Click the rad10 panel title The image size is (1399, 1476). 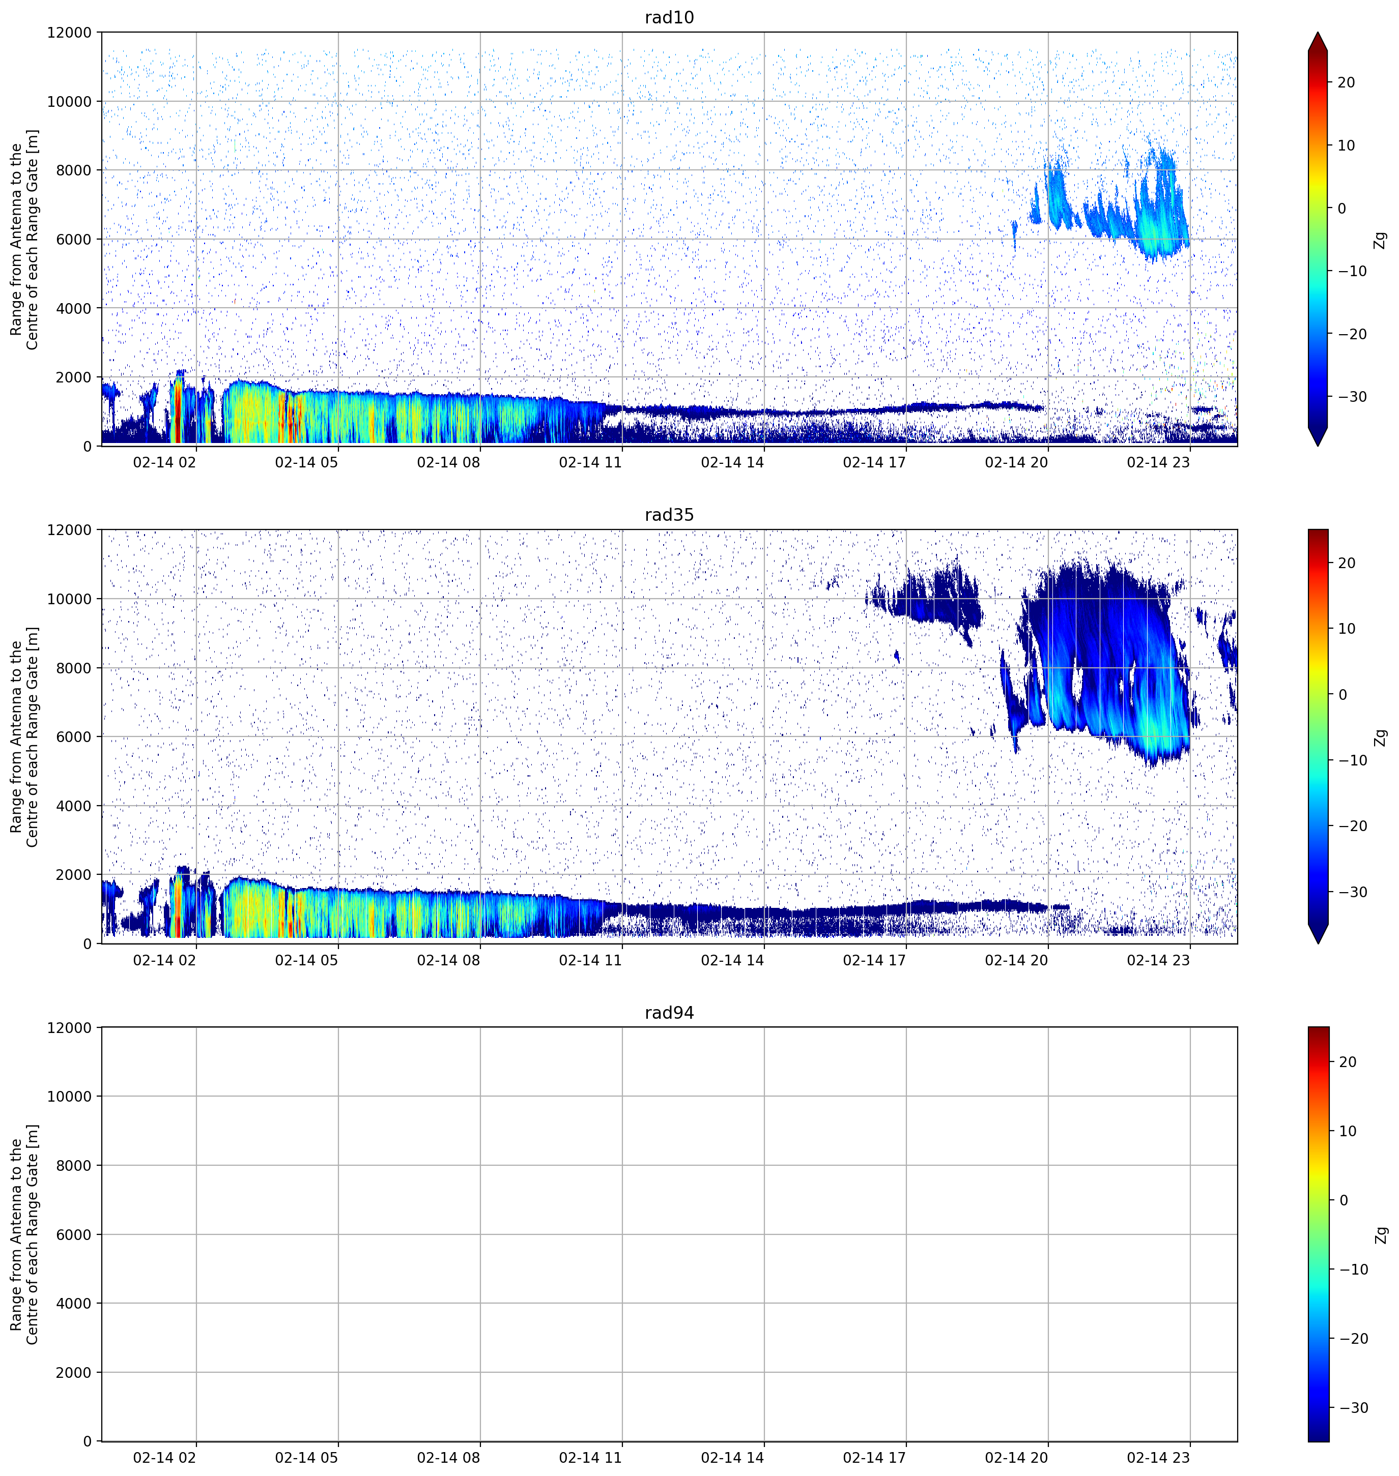669,17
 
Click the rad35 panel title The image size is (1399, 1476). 669,515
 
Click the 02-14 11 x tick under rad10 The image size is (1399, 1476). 590,462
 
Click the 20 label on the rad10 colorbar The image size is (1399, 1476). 1346,83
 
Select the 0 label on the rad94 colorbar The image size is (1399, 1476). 1344,1201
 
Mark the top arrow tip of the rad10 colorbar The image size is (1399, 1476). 1318,32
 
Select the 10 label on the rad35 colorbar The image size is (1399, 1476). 1346,629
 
